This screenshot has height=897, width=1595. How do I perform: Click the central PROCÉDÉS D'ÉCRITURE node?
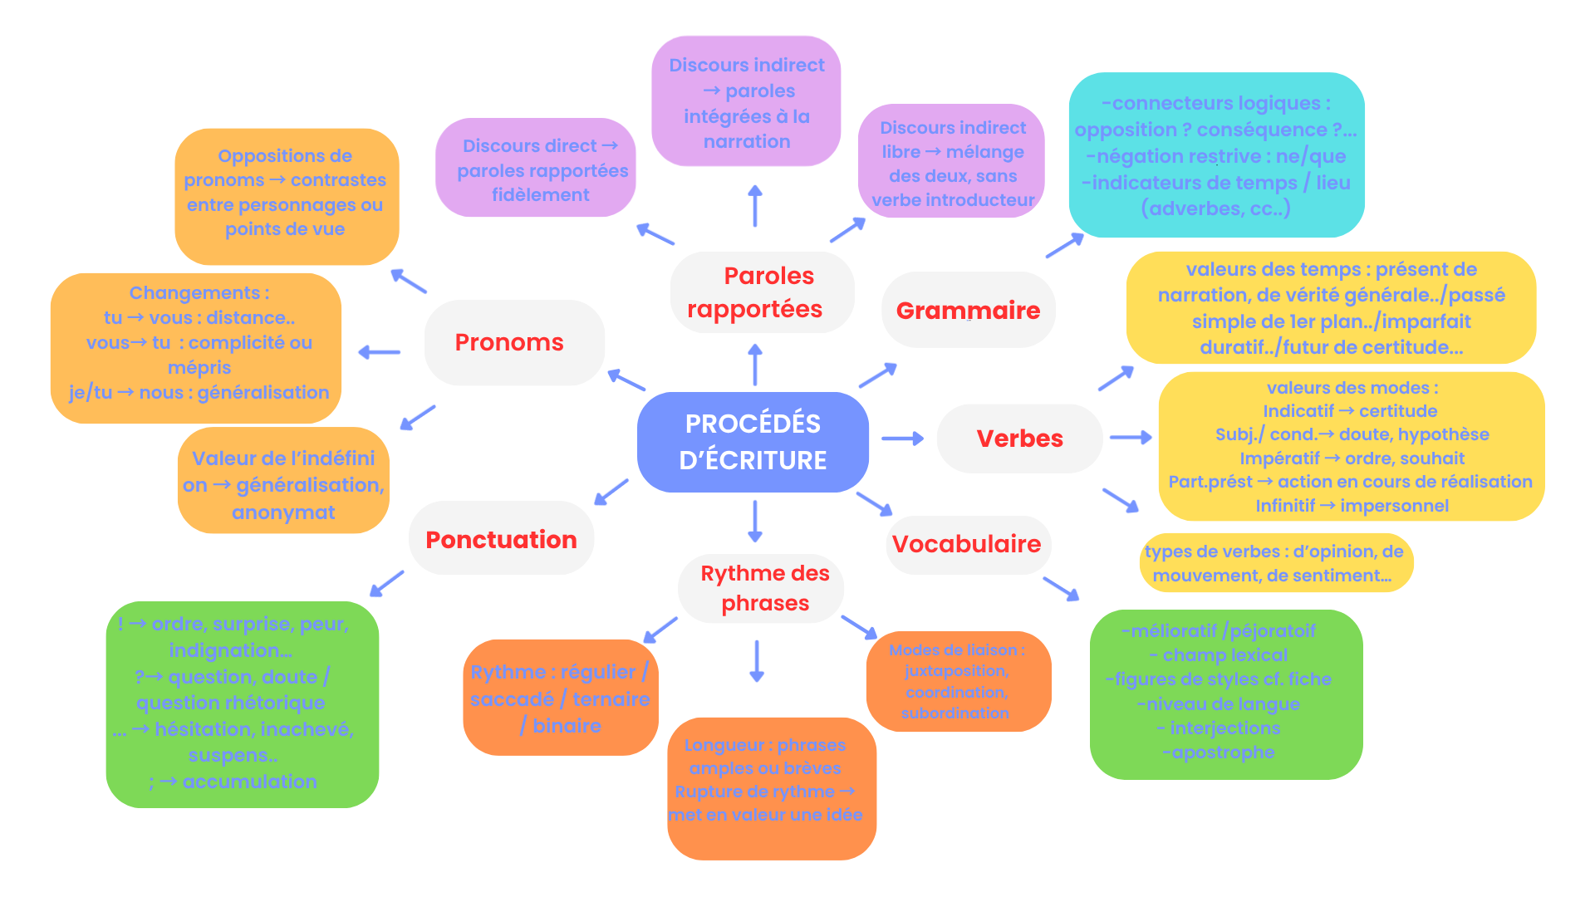pos(753,442)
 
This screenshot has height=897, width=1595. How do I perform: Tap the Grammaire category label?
pos(968,311)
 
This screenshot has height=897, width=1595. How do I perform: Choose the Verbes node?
pos(1019,439)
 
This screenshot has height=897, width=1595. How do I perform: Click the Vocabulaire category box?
pos(967,544)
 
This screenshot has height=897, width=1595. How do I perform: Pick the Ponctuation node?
pos(501,539)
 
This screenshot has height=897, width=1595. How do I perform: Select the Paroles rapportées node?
pos(761,292)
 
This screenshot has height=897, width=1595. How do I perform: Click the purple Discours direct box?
pos(536,169)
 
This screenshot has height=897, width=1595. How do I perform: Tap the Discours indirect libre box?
pos(951,163)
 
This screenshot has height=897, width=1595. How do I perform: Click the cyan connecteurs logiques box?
pos(1215,155)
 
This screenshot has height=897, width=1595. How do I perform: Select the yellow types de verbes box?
pos(1275,563)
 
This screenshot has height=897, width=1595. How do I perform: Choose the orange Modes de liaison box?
pos(957,681)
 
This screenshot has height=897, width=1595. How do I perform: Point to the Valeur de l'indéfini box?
pos(283,484)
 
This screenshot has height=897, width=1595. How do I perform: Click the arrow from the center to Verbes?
pos(902,438)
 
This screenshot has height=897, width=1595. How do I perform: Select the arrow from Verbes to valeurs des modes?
pos(1130,437)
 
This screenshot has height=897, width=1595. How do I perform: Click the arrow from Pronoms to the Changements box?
pos(380,352)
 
